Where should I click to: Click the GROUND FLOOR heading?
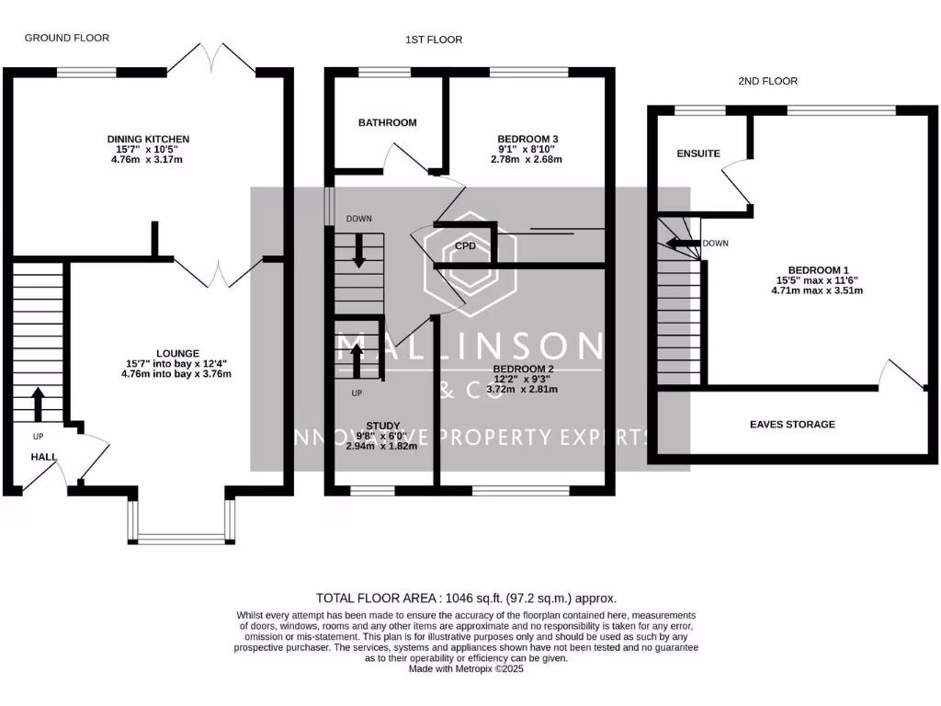66,38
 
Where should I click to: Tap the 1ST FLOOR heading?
434,40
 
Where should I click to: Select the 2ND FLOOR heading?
767,81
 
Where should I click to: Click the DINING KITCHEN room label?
148,140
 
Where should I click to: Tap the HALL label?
44,457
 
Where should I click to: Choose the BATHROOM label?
387,122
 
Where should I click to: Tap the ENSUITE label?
698,154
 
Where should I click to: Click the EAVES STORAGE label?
792,425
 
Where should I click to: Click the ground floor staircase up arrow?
38,403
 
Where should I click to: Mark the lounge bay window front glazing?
181,539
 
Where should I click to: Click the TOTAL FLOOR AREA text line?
466,598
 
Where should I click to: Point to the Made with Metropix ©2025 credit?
466,669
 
